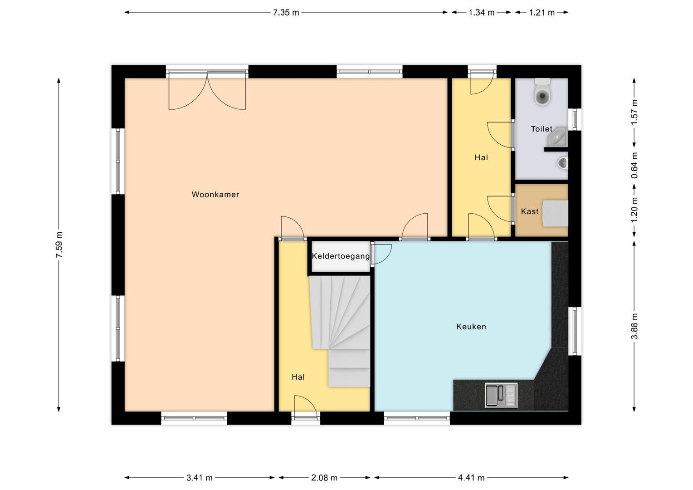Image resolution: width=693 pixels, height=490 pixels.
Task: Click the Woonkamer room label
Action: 215,194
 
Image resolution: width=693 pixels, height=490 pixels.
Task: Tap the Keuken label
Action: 471,327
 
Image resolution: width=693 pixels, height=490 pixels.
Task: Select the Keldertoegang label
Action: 341,256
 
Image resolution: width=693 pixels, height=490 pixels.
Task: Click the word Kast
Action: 530,211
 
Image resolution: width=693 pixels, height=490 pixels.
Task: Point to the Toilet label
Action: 542,129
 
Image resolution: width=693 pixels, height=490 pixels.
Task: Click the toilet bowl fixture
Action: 542,92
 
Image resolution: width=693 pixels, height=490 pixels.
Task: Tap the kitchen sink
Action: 501,395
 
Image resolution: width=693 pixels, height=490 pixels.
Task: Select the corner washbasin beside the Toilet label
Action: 559,137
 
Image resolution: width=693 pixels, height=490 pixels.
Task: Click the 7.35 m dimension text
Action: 286,13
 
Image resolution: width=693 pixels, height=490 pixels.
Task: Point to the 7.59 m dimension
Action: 59,245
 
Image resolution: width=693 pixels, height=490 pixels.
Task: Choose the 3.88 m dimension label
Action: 634,326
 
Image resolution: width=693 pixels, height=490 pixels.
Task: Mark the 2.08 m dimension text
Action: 324,478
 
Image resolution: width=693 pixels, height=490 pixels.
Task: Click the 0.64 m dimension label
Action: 634,166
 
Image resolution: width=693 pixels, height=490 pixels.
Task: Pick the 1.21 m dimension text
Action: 542,13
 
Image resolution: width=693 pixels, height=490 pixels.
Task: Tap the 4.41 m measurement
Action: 471,478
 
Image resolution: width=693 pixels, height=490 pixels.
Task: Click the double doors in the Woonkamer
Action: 207,90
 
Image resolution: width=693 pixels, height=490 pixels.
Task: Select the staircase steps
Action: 340,331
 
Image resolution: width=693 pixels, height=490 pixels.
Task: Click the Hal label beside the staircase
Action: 298,377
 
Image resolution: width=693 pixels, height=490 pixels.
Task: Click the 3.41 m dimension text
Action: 200,478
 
